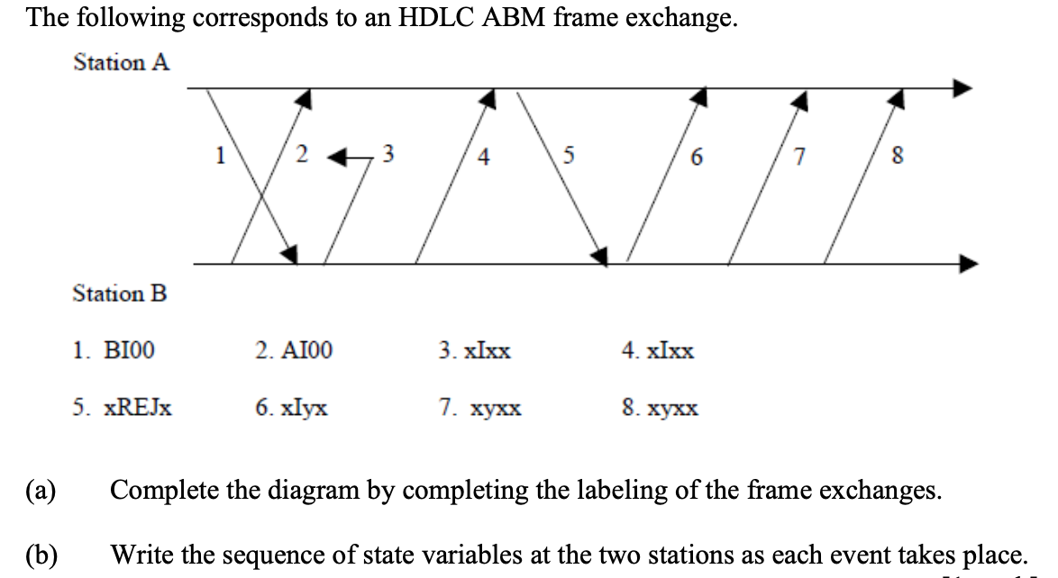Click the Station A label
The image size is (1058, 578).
(x=122, y=63)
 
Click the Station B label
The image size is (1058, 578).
(x=120, y=294)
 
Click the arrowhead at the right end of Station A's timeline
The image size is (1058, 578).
(x=963, y=88)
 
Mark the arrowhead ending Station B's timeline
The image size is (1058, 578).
(x=963, y=264)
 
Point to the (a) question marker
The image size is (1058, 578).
(x=41, y=492)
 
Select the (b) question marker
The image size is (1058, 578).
(x=41, y=551)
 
